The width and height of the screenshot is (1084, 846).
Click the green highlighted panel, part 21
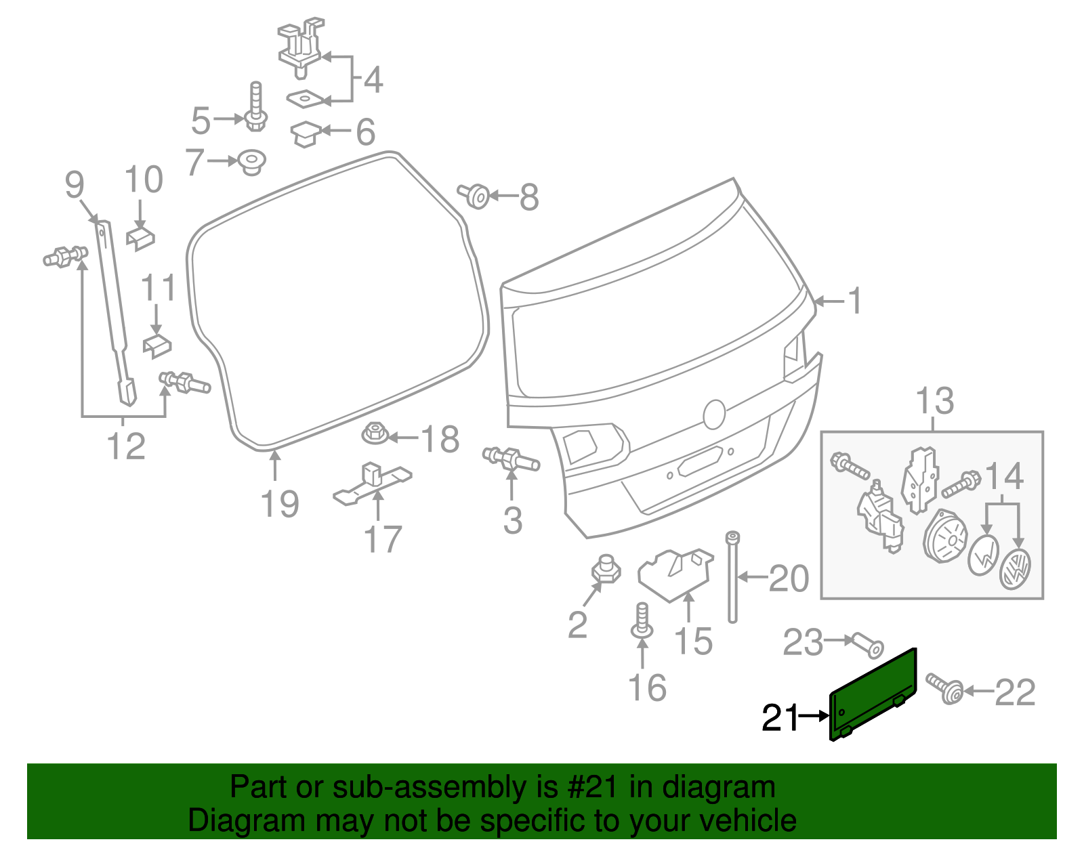click(x=873, y=694)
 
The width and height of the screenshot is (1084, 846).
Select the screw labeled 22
click(x=946, y=689)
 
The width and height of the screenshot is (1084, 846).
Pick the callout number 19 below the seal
click(x=280, y=505)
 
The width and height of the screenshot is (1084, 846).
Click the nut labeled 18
click(x=375, y=433)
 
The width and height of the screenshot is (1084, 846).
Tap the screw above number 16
click(x=642, y=622)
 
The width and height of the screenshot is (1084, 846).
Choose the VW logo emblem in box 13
click(x=1015, y=568)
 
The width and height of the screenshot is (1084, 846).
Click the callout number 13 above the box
click(x=934, y=401)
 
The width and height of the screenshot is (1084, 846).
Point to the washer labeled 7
click(x=252, y=163)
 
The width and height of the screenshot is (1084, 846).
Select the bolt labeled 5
click(x=255, y=112)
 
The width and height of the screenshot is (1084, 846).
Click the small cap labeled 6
click(x=306, y=133)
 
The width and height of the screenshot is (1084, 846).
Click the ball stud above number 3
click(x=511, y=459)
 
